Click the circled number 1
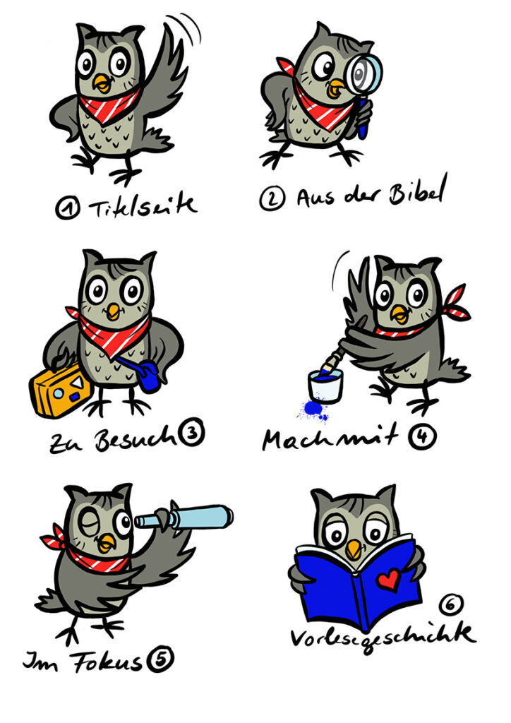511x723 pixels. (x=67, y=208)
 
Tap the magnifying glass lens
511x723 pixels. (x=365, y=73)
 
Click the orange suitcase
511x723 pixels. (x=61, y=389)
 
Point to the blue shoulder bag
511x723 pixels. (x=148, y=377)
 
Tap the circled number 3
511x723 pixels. (x=191, y=434)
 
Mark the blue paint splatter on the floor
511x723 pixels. (x=313, y=410)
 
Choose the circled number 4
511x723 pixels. (x=422, y=436)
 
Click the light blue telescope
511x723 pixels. (x=184, y=518)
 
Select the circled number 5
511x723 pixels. (x=160, y=659)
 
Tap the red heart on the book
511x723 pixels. (x=388, y=579)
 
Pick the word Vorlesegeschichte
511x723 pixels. (x=382, y=637)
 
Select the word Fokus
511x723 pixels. (x=107, y=660)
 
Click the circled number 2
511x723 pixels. (x=272, y=198)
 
